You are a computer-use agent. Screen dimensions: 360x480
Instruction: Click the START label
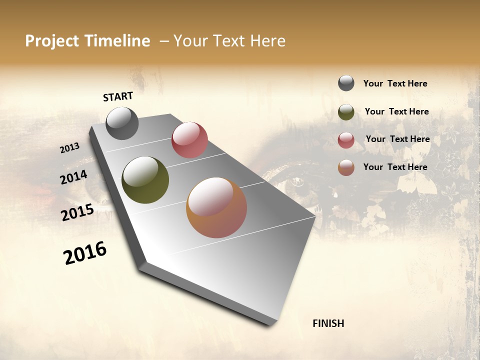click(x=118, y=96)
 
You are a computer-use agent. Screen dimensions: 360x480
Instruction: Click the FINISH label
click(x=328, y=323)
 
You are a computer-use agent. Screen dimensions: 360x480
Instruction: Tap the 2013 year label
click(x=70, y=148)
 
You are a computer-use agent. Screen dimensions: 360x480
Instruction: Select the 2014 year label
click(x=74, y=177)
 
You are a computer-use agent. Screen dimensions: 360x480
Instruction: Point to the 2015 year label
click(x=77, y=212)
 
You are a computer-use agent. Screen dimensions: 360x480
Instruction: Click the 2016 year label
click(x=85, y=253)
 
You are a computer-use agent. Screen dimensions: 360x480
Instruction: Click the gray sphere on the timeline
click(x=122, y=123)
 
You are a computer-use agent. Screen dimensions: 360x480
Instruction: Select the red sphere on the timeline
click(x=189, y=140)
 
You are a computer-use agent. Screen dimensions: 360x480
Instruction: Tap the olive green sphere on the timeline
click(x=145, y=180)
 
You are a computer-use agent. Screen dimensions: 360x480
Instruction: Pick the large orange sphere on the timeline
click(x=216, y=207)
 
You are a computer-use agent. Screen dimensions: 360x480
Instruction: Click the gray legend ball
click(x=346, y=83)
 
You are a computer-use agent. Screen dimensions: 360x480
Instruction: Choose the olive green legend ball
click(x=346, y=112)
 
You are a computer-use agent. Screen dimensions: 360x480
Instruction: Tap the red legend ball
click(x=346, y=140)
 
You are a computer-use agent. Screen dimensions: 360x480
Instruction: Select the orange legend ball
click(x=346, y=167)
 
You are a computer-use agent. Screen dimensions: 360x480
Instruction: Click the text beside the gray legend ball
click(x=395, y=84)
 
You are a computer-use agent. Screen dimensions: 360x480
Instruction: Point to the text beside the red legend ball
click(x=397, y=139)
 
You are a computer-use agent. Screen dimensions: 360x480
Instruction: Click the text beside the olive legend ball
click(x=396, y=111)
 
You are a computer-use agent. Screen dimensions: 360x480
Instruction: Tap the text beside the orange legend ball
click(x=395, y=167)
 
